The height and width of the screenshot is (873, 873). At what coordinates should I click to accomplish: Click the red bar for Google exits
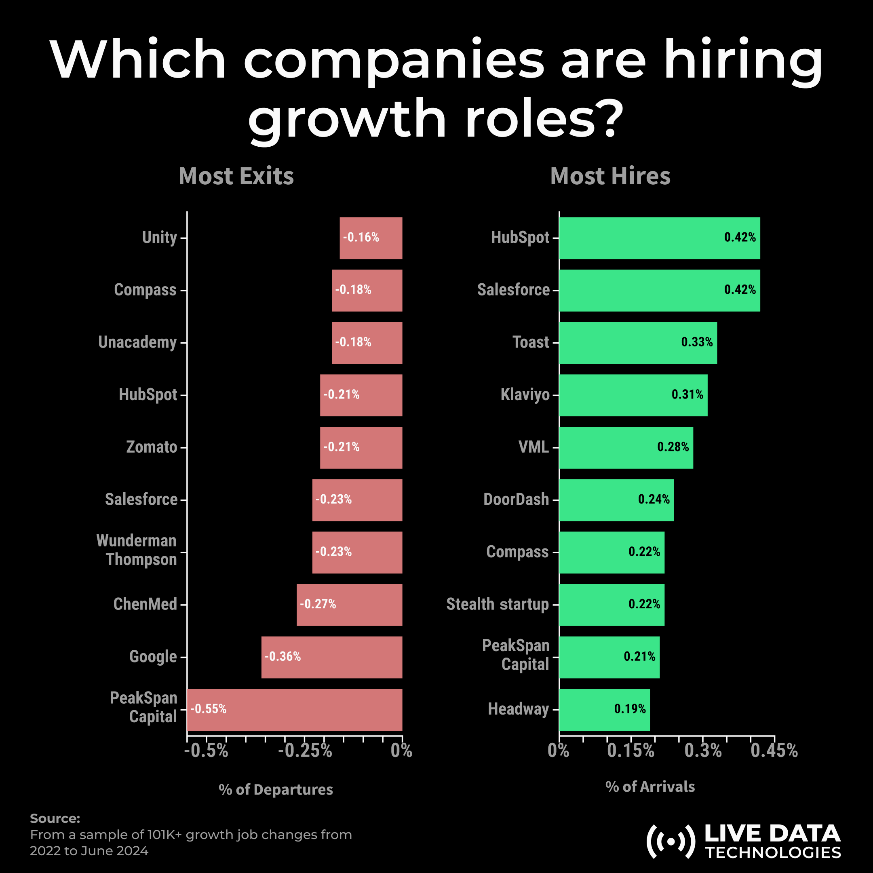click(x=332, y=657)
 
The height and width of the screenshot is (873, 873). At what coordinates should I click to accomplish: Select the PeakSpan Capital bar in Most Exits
click(x=295, y=709)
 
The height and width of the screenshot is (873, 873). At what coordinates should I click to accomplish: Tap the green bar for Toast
click(x=638, y=342)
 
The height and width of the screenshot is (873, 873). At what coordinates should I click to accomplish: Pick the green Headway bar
click(x=605, y=709)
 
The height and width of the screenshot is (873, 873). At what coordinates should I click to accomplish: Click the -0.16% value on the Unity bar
click(x=361, y=238)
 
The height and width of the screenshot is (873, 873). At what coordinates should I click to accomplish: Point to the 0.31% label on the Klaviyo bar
click(x=687, y=394)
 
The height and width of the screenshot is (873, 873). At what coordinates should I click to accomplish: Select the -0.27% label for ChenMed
click(x=318, y=604)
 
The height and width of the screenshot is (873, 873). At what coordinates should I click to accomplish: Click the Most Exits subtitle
click(x=236, y=176)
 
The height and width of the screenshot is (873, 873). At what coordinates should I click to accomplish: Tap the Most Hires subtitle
click(x=610, y=176)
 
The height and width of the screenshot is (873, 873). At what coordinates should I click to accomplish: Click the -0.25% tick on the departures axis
click(x=305, y=751)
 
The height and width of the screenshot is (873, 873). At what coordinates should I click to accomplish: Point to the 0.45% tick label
click(x=774, y=751)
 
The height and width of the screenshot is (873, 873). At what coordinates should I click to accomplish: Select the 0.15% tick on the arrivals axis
click(x=631, y=751)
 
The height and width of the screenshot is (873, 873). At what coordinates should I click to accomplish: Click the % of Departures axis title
click(x=276, y=789)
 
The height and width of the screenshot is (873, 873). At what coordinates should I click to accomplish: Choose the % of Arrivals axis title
click(x=650, y=787)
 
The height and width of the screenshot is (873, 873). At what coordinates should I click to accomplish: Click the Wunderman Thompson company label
click(x=137, y=550)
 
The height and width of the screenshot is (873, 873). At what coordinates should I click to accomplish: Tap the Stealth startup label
click(x=498, y=604)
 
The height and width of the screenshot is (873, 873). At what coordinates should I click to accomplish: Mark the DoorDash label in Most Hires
click(x=516, y=499)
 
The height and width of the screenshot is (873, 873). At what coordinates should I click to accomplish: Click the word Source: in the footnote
click(x=55, y=818)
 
